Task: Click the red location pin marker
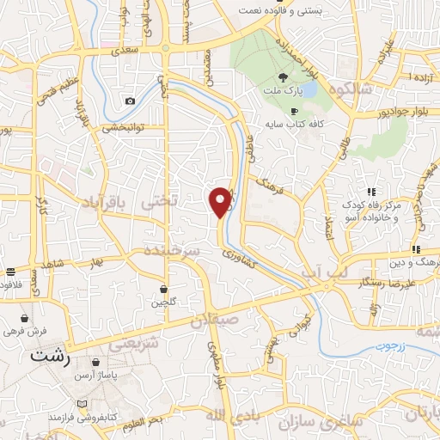click(221, 202)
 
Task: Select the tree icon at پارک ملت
click(283, 76)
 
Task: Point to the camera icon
click(130, 101)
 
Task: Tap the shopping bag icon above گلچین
click(163, 289)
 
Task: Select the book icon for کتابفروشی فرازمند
click(82, 403)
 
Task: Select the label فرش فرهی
click(22, 330)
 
